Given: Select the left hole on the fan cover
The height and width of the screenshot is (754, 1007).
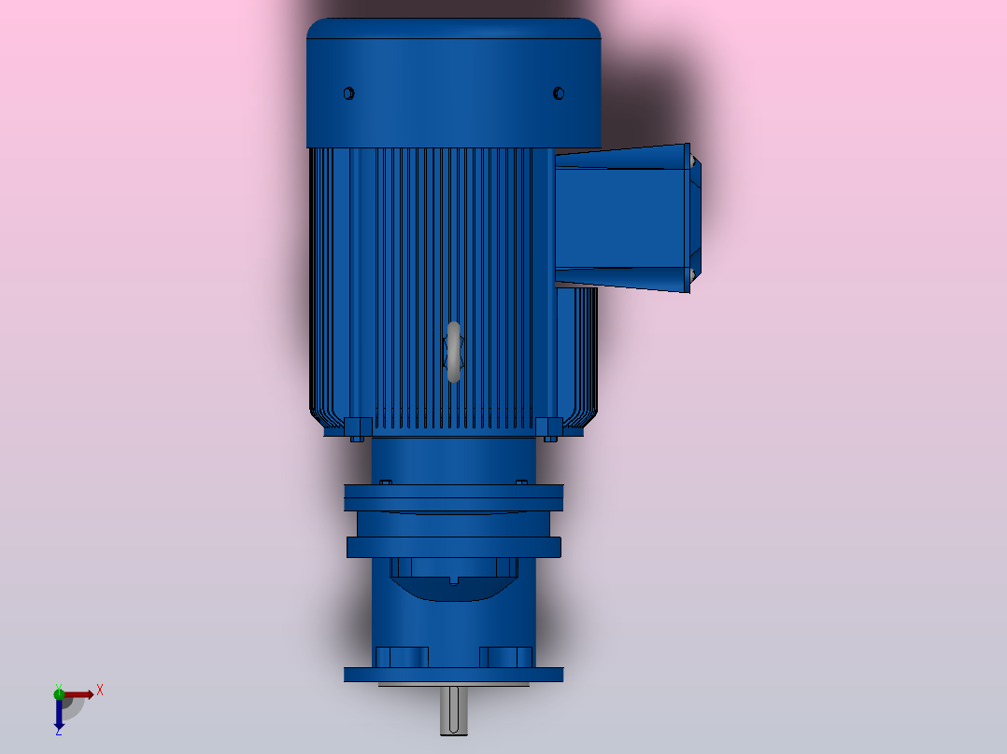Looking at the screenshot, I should point(349,93).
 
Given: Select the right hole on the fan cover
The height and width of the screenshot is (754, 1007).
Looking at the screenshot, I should point(559,93).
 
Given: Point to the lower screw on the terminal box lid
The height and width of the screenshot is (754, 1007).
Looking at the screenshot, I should point(692,273).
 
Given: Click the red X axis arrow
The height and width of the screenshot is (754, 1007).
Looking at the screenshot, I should point(80,694).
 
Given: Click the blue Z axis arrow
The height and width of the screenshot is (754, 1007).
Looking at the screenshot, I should point(59,715).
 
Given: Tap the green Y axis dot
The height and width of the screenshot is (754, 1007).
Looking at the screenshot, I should point(59,693).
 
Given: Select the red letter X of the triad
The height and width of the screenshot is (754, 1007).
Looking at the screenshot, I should point(100,691).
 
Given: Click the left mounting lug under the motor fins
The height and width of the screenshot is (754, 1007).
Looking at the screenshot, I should point(355,429).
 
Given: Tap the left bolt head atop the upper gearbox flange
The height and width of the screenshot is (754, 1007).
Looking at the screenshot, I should point(385,482).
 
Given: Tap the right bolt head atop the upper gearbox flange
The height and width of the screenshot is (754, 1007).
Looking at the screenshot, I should point(521,482).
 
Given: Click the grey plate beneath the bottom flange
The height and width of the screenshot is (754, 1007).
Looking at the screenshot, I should point(454,684).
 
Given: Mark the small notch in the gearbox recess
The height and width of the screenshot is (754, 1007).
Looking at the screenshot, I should point(454,580).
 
